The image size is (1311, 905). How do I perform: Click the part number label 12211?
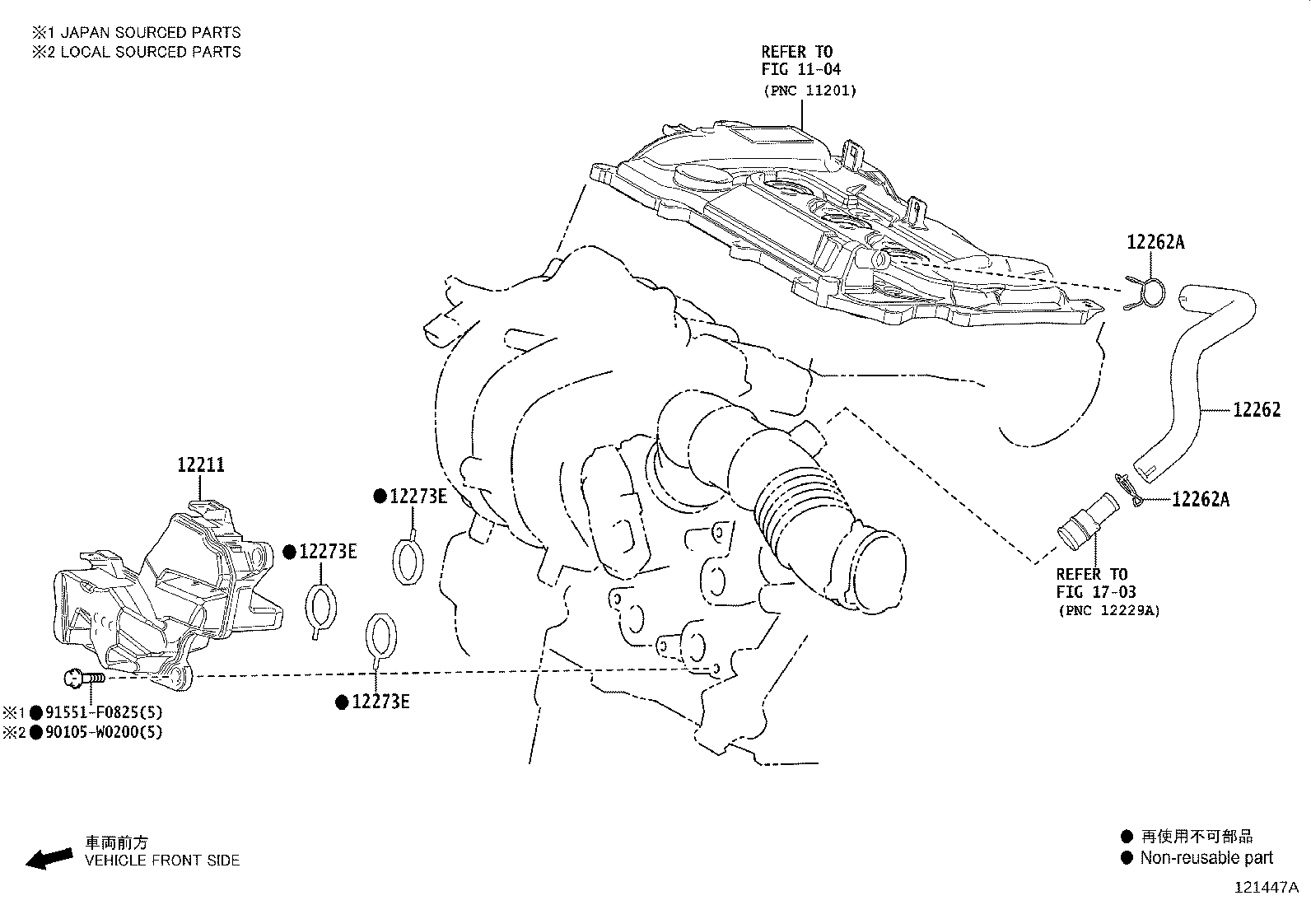tap(201, 465)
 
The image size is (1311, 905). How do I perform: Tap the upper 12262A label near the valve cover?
tap(1155, 242)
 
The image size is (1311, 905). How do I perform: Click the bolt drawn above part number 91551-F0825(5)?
tap(83, 678)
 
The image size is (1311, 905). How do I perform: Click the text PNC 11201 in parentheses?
tap(809, 91)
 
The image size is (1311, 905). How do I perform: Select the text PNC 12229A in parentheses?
tap(1108, 611)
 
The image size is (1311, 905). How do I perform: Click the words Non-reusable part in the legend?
tap(1206, 858)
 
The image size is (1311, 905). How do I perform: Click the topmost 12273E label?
tap(418, 496)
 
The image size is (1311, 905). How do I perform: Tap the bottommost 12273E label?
tap(380, 702)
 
